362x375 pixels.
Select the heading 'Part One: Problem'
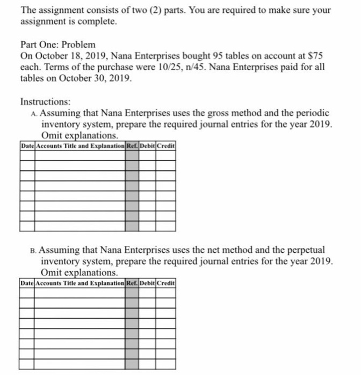click(58, 44)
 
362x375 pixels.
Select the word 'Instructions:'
click(46, 101)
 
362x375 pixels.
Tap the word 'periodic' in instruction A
click(313, 112)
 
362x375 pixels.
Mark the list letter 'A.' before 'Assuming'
click(34, 113)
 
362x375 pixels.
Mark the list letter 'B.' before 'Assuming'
click(34, 250)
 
